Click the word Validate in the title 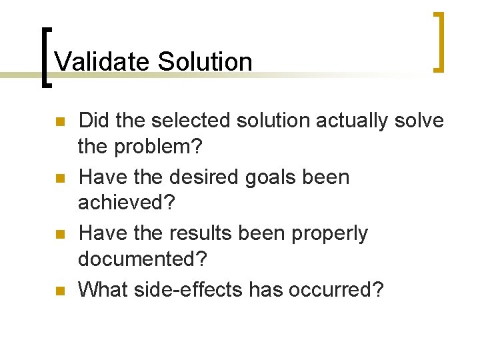click(103, 62)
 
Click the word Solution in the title click(205, 62)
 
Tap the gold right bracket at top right click(439, 41)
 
